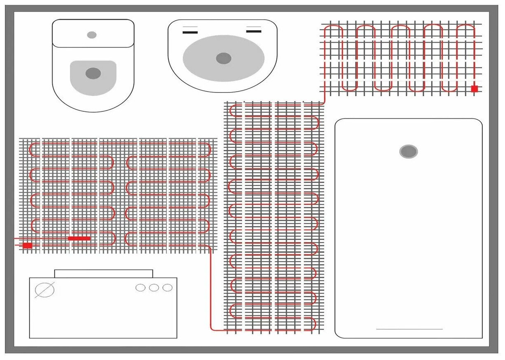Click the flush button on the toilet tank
pos(92,35)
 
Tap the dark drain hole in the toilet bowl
pos(93,74)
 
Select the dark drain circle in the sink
pos(223,58)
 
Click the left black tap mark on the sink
pos(190,32)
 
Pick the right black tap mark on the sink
pos(254,31)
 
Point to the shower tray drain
pos(408,152)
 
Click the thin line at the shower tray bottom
pos(409,329)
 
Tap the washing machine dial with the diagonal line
pos(45,290)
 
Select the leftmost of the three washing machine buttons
pos(141,288)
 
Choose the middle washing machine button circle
pos(154,288)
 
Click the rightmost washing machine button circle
pos(167,288)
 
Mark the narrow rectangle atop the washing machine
pos(104,274)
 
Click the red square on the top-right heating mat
pos(474,88)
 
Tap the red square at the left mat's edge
pos(28,245)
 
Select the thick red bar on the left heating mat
pos(79,238)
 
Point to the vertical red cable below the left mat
pos(211,288)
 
